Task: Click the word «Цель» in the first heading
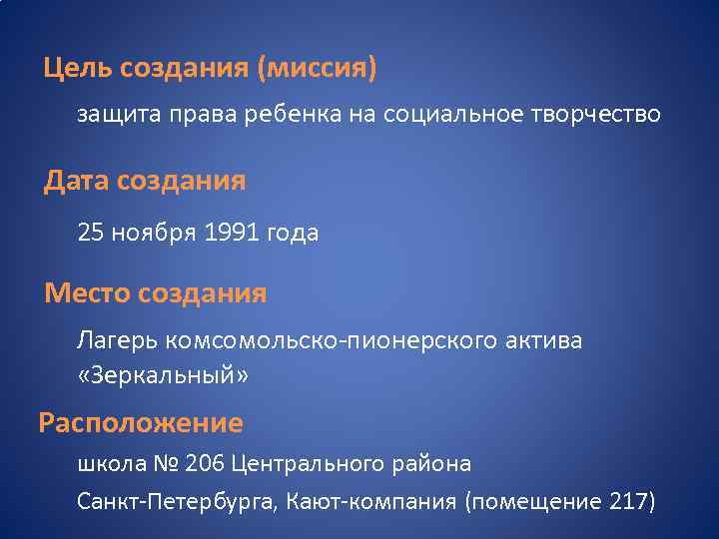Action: (x=78, y=70)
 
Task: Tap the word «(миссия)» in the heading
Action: (x=318, y=70)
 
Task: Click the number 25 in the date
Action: (x=90, y=234)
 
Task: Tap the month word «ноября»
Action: (x=152, y=235)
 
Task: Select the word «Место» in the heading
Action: (x=89, y=293)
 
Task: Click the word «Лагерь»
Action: (x=111, y=342)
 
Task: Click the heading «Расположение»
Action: (x=141, y=422)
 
